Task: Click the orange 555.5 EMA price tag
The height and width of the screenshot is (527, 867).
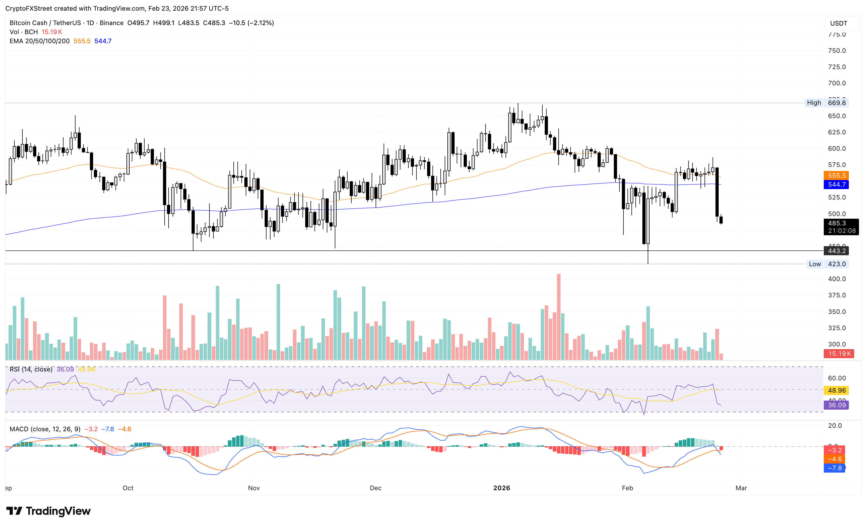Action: (x=836, y=175)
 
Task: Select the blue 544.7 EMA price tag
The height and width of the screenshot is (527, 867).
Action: (x=836, y=184)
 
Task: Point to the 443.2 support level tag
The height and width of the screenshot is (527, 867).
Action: (x=836, y=251)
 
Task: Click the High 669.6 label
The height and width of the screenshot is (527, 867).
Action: (x=826, y=103)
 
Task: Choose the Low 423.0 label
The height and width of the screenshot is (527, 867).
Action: (x=827, y=264)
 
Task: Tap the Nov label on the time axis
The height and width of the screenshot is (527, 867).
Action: (x=254, y=488)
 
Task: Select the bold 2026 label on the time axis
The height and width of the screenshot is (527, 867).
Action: (x=502, y=488)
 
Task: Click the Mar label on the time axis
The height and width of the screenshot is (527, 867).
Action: (x=741, y=488)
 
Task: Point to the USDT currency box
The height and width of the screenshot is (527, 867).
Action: (x=838, y=23)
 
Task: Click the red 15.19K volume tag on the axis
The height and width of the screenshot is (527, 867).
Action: (x=839, y=354)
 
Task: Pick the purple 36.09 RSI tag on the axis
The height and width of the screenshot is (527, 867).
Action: (x=836, y=405)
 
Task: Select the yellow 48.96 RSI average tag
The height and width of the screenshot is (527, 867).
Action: (x=836, y=390)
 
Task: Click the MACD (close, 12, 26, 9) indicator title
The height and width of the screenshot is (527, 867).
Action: (x=45, y=429)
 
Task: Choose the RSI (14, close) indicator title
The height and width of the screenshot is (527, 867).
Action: (x=31, y=369)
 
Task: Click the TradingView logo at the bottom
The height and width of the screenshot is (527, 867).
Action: (x=49, y=511)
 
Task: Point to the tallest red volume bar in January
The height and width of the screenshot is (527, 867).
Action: (x=558, y=317)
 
